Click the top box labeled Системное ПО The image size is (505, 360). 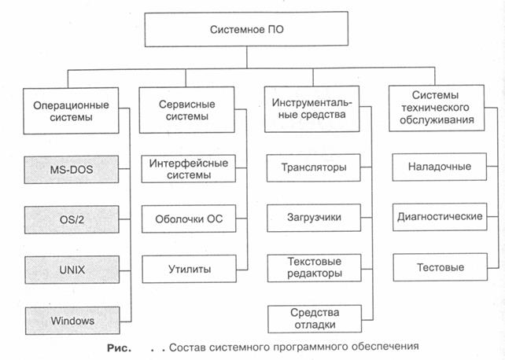point(246,29)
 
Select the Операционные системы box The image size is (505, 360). point(71,111)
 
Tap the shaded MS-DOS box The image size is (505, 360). point(71,170)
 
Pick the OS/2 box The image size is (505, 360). point(72,220)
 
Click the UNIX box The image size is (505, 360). point(72,270)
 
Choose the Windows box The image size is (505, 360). point(72,321)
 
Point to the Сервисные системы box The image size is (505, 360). point(186,110)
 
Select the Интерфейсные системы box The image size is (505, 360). point(189,168)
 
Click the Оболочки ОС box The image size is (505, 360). point(189,219)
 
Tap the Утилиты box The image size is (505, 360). point(190,269)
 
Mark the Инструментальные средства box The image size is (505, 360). point(311,108)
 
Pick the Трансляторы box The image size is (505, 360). point(313,167)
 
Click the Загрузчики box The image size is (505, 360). point(314,218)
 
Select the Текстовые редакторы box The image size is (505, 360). point(315,268)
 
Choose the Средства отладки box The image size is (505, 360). point(315,319)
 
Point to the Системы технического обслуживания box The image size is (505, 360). point(437,108)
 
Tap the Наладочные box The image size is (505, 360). point(439,167)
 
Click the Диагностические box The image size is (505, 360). point(440,216)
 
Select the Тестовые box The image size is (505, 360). point(440,267)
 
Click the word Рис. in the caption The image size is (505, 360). point(119,348)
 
